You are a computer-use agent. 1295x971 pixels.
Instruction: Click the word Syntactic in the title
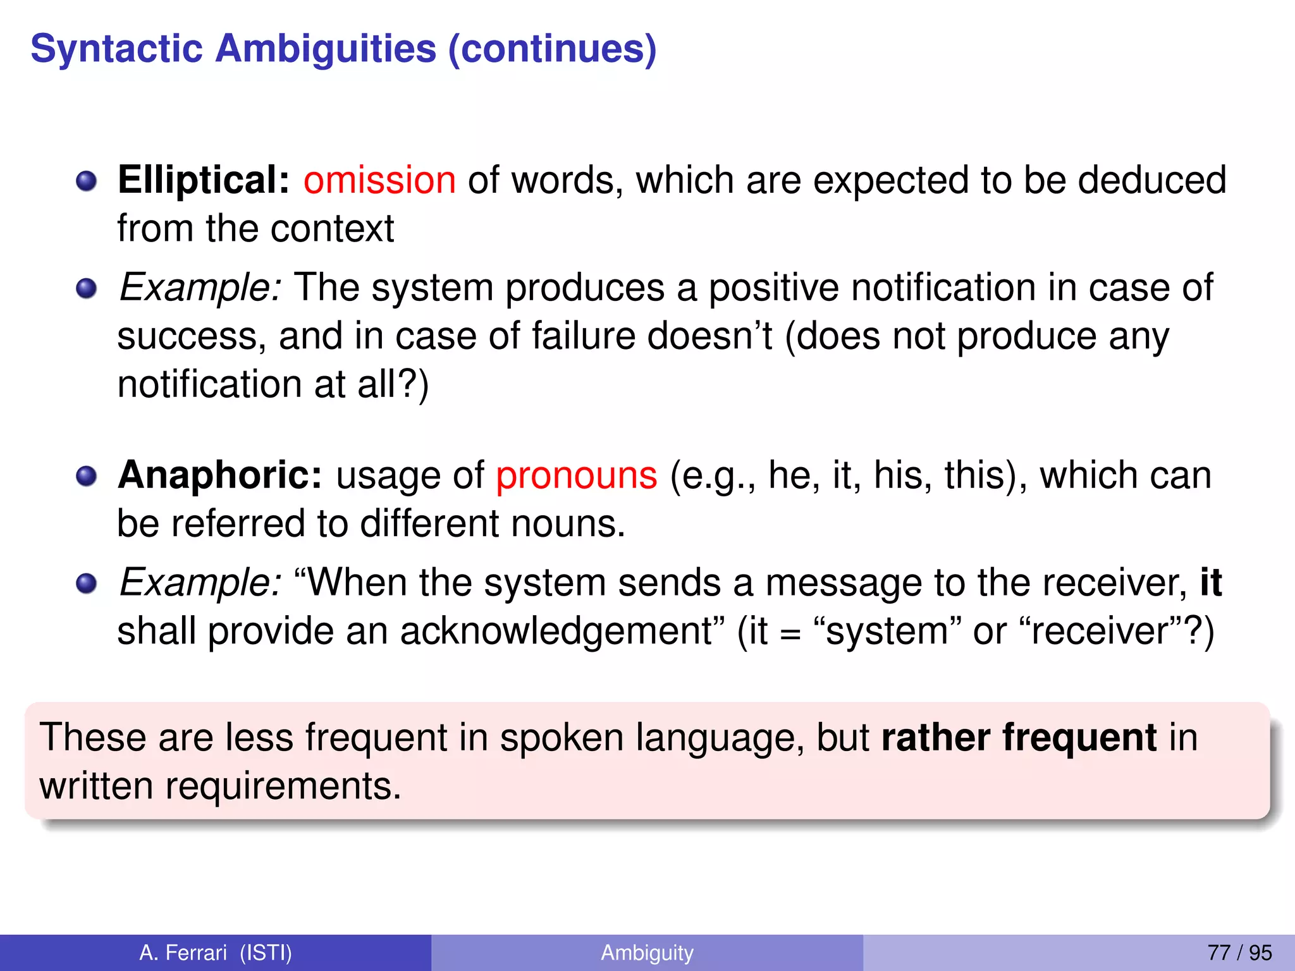pyautogui.click(x=116, y=49)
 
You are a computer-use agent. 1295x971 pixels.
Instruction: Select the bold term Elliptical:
pyautogui.click(x=204, y=180)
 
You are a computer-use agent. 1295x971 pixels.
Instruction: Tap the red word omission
pyautogui.click(x=379, y=180)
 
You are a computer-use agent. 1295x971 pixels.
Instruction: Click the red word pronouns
pyautogui.click(x=576, y=475)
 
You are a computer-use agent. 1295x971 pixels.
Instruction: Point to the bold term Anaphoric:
pyautogui.click(x=220, y=475)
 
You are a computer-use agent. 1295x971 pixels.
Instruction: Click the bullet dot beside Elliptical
pyautogui.click(x=86, y=182)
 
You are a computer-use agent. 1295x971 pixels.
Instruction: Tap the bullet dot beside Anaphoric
pyautogui.click(x=86, y=477)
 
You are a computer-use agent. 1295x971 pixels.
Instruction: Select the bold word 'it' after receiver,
pyautogui.click(x=1210, y=582)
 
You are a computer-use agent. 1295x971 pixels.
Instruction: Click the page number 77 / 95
pyautogui.click(x=1239, y=953)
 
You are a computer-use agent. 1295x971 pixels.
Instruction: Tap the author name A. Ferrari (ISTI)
pyautogui.click(x=216, y=953)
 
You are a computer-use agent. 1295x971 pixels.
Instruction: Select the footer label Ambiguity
pyautogui.click(x=647, y=953)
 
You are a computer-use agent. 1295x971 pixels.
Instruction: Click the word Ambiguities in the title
pyautogui.click(x=326, y=49)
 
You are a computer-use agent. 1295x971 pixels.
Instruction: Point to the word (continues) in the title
pyautogui.click(x=552, y=49)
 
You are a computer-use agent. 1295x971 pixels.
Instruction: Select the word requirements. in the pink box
pyautogui.click(x=283, y=786)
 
